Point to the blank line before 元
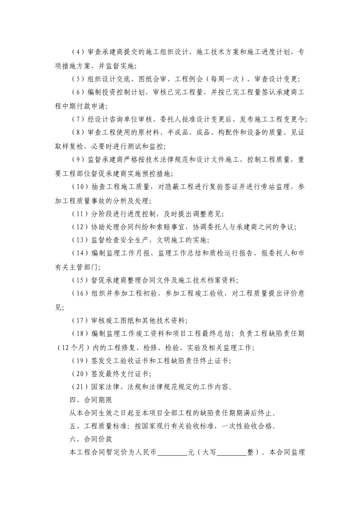[x=172, y=453]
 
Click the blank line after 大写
[x=232, y=453]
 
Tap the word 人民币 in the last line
[x=146, y=453]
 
